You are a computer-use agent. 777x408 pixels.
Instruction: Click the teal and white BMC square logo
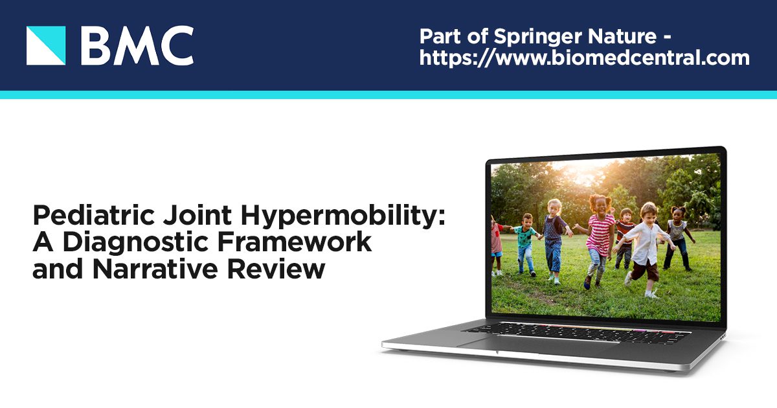pos(46,45)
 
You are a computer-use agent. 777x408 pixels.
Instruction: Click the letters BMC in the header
pos(137,46)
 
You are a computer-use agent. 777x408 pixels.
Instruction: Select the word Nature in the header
pos(624,35)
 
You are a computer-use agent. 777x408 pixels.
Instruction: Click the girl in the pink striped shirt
pos(599,240)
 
